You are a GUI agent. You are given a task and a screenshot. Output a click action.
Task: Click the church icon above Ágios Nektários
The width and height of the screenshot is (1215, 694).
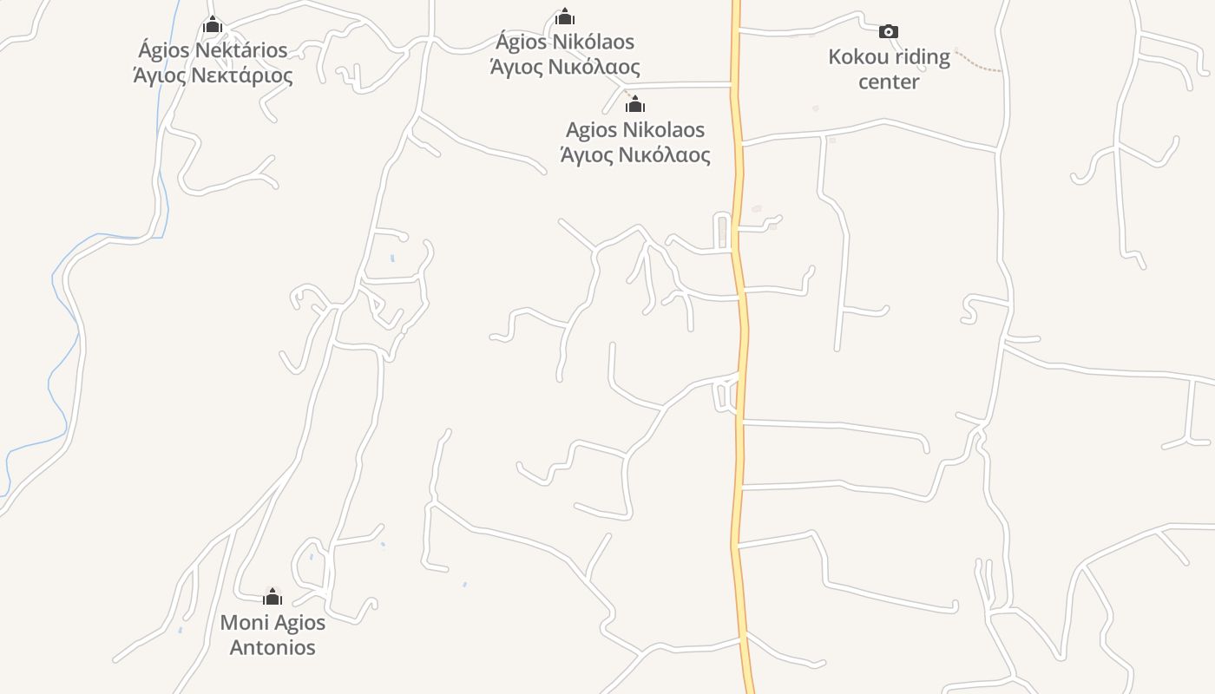point(213,24)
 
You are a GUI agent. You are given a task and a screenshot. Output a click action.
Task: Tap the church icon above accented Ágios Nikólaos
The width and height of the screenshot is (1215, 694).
point(565,16)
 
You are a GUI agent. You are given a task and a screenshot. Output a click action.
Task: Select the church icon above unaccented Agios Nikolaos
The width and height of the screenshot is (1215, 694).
point(635,104)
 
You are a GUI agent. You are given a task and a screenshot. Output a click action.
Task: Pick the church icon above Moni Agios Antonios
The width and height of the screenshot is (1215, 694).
point(273,596)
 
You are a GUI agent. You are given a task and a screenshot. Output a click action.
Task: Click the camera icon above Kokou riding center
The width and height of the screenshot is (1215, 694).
point(888,32)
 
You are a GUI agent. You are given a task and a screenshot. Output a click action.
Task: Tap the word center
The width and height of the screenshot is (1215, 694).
point(889,82)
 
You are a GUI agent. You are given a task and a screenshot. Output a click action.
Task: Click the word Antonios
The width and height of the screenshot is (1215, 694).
point(273,647)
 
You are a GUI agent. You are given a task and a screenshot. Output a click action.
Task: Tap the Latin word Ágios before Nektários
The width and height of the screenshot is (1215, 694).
point(163,49)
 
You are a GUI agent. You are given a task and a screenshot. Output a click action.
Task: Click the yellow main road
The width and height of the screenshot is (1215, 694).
point(739,347)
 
